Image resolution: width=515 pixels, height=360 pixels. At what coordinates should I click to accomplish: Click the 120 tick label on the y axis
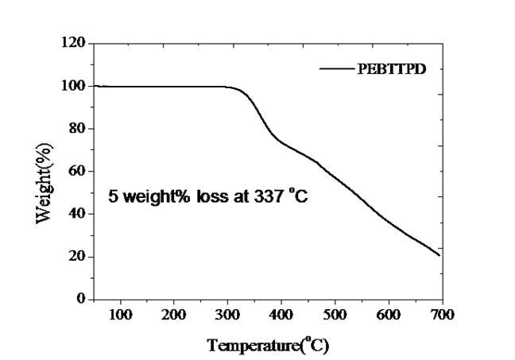pos(73,42)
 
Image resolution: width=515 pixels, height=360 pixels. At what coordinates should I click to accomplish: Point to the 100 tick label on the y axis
pos(73,86)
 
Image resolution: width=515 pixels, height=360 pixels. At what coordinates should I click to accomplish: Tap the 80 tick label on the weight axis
pos(77,129)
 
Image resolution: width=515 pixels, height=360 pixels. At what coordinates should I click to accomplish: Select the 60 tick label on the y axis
pos(77,171)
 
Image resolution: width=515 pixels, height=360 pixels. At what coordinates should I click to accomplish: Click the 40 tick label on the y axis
pos(77,214)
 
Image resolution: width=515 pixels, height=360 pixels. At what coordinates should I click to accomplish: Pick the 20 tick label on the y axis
pos(77,257)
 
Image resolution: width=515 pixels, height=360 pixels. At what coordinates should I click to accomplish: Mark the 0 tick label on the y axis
pos(81,299)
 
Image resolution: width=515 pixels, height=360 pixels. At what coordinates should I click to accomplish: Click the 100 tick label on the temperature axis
pos(121,315)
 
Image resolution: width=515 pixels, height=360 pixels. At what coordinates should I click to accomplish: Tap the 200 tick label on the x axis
pos(174,315)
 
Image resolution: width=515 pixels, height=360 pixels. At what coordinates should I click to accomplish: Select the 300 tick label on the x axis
pos(227,315)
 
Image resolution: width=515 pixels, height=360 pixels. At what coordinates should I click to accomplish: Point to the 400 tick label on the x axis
pos(281,315)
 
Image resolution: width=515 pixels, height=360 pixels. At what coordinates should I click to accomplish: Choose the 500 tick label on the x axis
pos(335,315)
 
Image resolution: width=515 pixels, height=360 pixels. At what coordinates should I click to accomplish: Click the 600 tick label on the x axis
pos(389,315)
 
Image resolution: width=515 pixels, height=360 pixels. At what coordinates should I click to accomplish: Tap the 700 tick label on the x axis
pos(442,315)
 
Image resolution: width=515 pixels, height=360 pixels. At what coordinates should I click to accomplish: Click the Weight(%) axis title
pos(45,184)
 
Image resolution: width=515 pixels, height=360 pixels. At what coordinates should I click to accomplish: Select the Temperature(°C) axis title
pos(268,345)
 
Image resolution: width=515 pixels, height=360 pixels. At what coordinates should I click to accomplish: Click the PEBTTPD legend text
pos(392,69)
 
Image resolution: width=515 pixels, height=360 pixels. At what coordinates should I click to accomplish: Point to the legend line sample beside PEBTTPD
pos(337,68)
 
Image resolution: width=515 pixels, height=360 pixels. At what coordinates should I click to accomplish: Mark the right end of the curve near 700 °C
pos(439,255)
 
